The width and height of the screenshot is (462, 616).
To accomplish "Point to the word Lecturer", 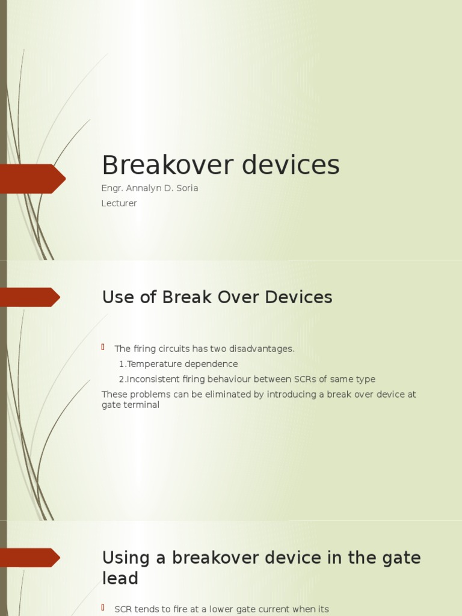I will pos(119,203).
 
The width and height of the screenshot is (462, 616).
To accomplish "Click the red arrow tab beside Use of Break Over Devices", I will pos(30,297).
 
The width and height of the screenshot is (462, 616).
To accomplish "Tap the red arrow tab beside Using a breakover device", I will pos(30,558).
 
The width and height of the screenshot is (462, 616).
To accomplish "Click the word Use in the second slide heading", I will pos(116,297).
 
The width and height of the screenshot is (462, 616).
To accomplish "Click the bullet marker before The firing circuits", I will pos(103,347).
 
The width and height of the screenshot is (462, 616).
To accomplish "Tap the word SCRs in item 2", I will pos(306,379).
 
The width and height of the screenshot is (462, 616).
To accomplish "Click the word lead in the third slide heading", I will pos(120,579).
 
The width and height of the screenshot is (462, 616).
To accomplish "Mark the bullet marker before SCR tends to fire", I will pos(103,608).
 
